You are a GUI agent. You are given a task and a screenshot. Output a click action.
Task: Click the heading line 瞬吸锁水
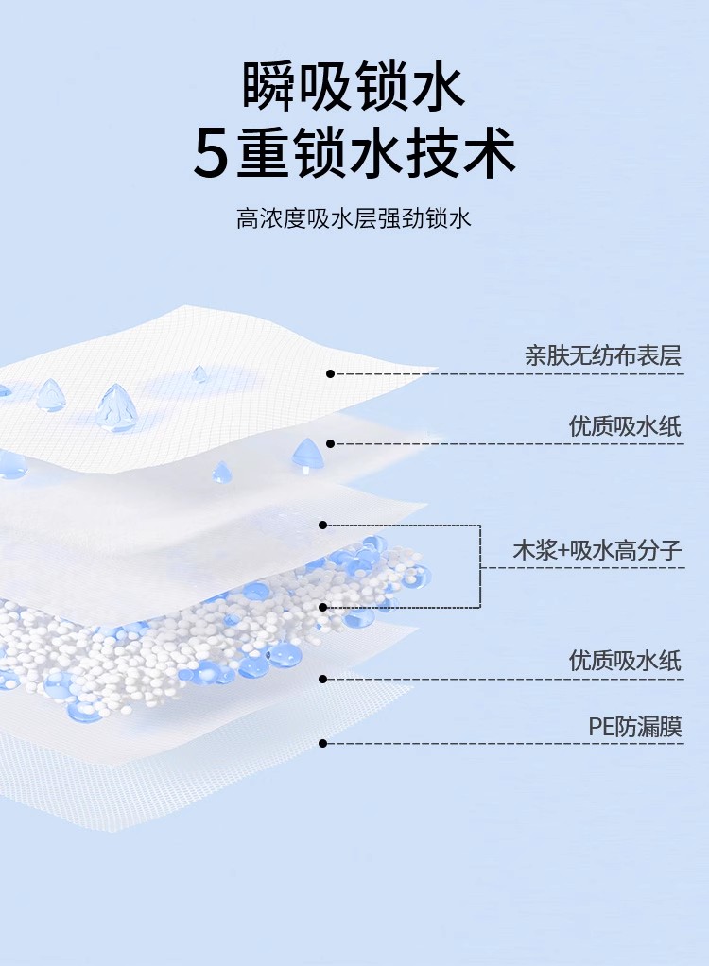(354, 87)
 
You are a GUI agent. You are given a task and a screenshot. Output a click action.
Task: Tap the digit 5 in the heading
(212, 154)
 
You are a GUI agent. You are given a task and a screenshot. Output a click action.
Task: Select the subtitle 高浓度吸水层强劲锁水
(354, 220)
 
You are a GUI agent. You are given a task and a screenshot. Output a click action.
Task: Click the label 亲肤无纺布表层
(603, 355)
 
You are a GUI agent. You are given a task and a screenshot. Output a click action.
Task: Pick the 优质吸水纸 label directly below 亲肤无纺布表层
(625, 425)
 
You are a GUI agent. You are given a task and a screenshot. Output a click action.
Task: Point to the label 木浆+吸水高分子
(597, 550)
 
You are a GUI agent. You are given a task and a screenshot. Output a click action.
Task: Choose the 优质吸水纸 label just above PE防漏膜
(625, 660)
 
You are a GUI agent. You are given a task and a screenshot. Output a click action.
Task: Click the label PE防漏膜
(634, 726)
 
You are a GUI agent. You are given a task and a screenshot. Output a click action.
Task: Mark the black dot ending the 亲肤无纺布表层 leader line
(330, 374)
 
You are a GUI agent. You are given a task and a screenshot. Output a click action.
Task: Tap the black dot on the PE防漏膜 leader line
(322, 744)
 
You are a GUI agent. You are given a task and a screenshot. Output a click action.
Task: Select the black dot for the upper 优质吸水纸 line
(330, 443)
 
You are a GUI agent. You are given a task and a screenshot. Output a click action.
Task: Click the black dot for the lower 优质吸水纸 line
(322, 679)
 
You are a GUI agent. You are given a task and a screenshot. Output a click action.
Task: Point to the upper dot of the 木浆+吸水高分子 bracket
(322, 525)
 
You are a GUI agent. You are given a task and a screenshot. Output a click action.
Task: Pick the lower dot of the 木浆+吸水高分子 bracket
(322, 607)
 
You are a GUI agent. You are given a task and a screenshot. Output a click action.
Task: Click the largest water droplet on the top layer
(116, 408)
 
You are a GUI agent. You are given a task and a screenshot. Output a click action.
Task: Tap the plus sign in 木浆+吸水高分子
(564, 551)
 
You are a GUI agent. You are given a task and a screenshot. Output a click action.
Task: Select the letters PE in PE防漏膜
(601, 727)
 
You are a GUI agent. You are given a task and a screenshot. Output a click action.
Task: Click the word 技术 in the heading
(461, 154)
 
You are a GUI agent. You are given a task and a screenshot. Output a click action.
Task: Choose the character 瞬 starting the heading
(270, 87)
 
